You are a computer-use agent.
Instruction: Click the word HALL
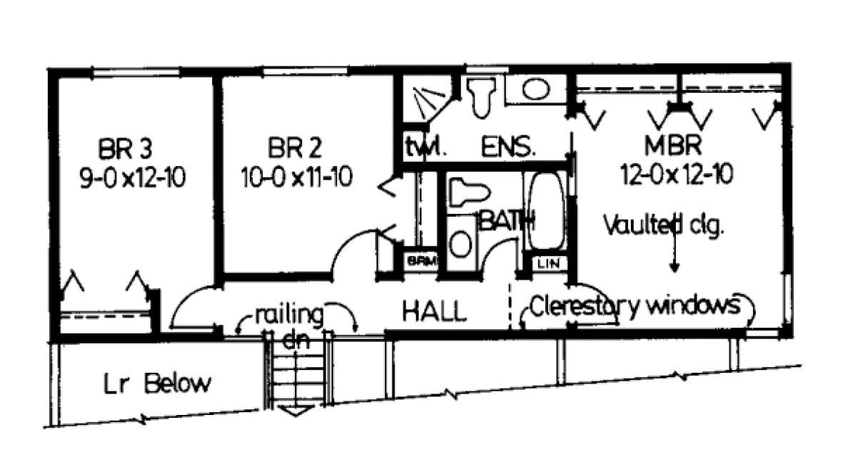click(x=434, y=311)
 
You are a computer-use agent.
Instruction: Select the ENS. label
click(x=509, y=147)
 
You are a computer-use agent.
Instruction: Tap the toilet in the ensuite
click(x=482, y=97)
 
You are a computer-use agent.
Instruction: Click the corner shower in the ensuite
click(x=423, y=100)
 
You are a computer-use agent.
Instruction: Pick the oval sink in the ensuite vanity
click(x=533, y=89)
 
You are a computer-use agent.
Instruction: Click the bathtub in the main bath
click(x=547, y=211)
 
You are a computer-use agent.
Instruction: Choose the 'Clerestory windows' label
click(x=634, y=306)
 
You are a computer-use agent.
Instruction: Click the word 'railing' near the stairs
click(x=289, y=315)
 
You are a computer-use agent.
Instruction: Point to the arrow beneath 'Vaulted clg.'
click(x=674, y=258)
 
